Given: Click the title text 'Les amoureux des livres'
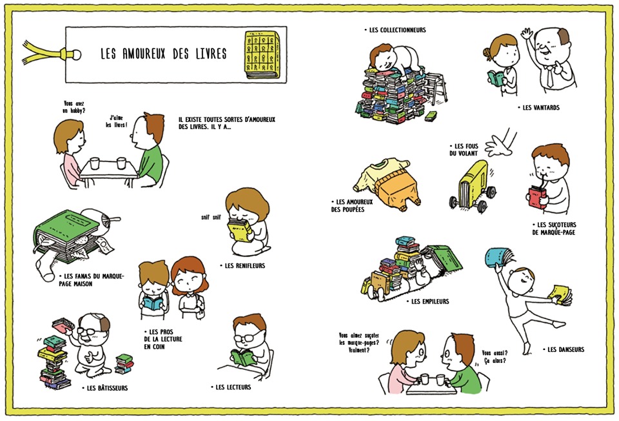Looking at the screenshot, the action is tap(163, 54).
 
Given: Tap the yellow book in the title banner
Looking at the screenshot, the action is tap(262, 54).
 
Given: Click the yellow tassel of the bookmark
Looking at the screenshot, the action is tap(43, 54).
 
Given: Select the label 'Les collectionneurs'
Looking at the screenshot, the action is tap(395, 30).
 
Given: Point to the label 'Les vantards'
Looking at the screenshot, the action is tap(538, 108).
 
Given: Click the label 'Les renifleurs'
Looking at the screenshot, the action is tap(242, 265).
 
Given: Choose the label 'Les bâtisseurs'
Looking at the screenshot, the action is tap(104, 388).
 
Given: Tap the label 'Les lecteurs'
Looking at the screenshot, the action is tap(231, 387).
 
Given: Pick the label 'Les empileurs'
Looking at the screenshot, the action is tap(427, 302).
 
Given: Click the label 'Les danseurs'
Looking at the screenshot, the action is tap(564, 349).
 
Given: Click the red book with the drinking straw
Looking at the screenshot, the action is tap(537, 198).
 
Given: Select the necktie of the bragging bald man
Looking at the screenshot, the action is tap(549, 77).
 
